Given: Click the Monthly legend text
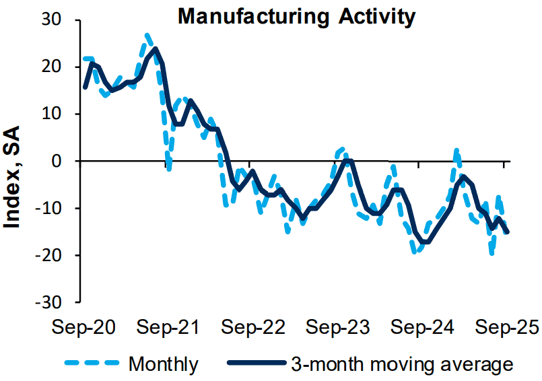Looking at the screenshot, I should (163, 364).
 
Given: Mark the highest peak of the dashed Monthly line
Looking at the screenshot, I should (147, 34).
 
